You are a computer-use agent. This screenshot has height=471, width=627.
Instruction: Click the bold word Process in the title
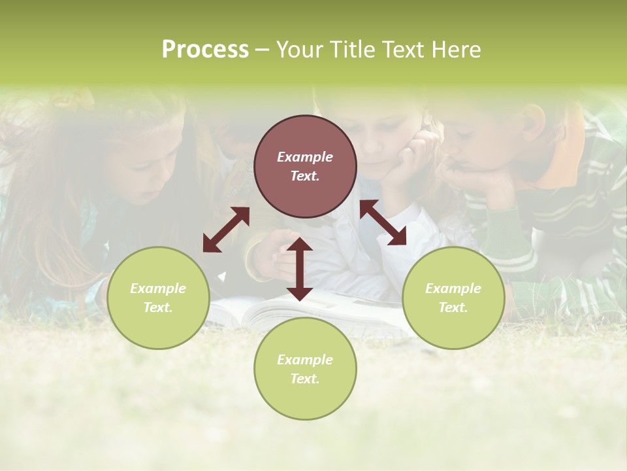[205, 50]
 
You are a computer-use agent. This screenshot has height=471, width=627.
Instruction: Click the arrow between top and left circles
[226, 230]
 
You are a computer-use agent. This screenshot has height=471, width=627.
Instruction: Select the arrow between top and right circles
[383, 222]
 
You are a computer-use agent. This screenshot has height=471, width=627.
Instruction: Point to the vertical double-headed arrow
[300, 269]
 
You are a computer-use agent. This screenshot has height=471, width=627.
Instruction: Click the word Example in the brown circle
[305, 157]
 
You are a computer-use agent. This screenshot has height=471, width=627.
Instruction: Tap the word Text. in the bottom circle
[305, 379]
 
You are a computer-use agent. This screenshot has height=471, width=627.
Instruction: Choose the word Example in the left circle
[158, 288]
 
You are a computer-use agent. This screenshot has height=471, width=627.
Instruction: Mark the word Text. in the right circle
[453, 307]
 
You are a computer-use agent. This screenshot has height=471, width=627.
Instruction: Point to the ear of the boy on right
[533, 120]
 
